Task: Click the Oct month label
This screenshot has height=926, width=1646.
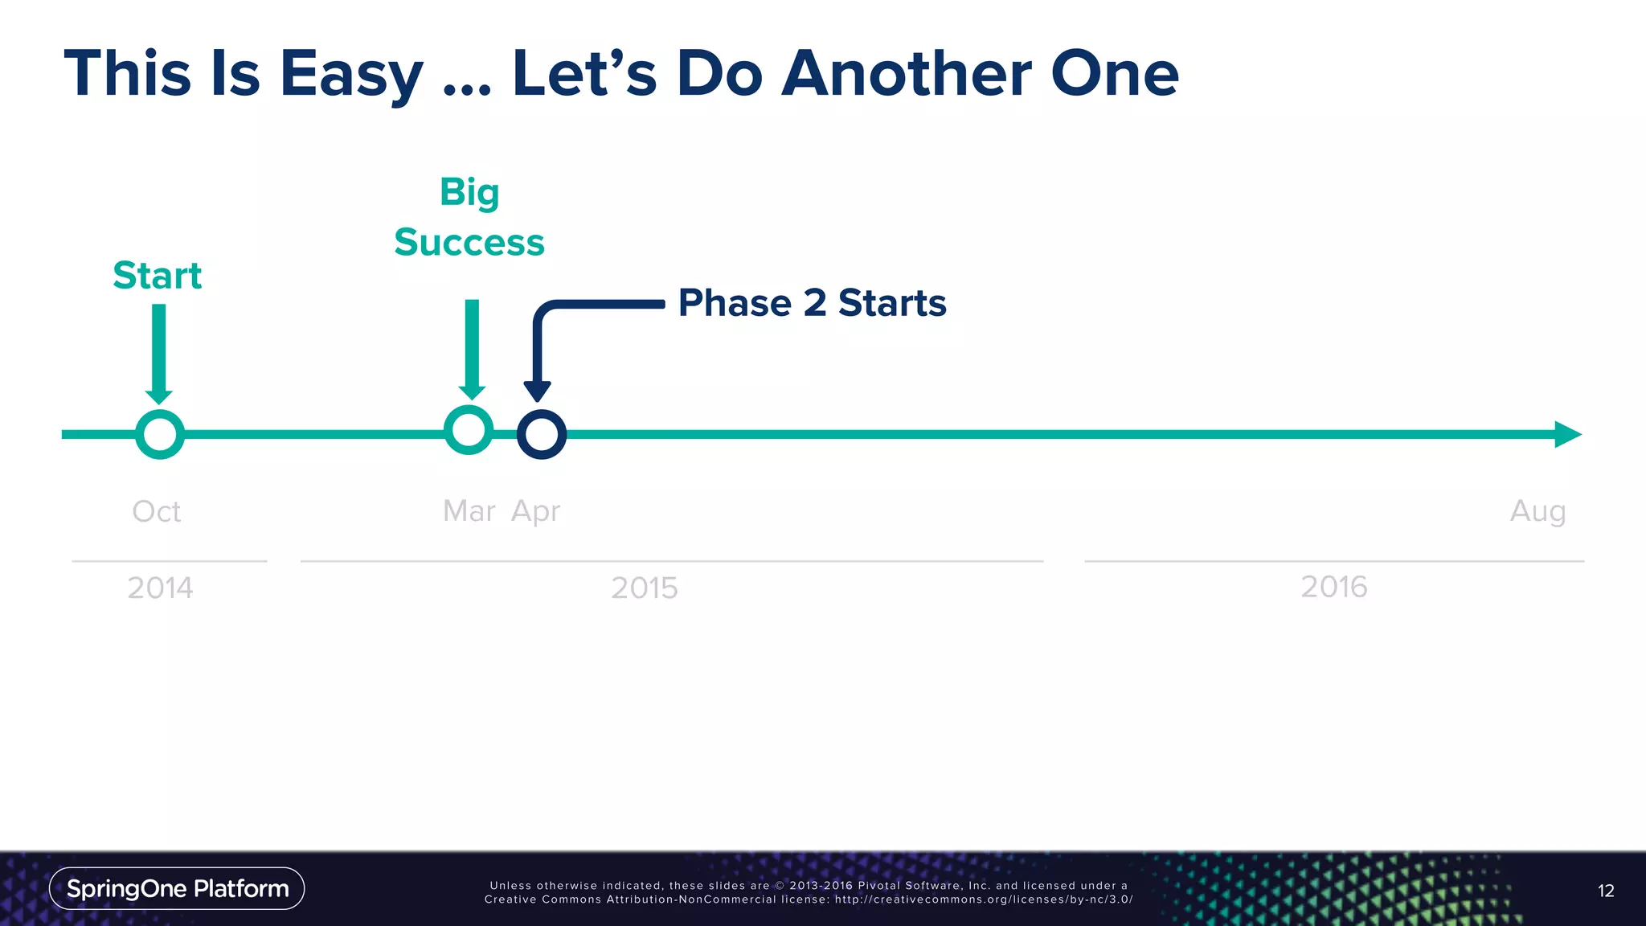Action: coord(157,511)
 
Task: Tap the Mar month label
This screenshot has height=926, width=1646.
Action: coord(469,511)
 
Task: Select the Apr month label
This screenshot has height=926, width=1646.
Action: coord(536,512)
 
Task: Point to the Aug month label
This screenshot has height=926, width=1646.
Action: coord(1537,512)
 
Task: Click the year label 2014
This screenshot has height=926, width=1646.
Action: coord(160,588)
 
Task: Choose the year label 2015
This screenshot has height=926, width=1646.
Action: coord(644,588)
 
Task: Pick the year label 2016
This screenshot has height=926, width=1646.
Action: coord(1333,587)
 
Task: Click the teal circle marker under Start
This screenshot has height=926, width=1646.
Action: coord(160,435)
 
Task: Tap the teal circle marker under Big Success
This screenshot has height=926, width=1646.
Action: coord(469,430)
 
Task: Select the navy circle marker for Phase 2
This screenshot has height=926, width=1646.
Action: coord(542,435)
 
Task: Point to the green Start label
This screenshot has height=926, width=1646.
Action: coord(157,276)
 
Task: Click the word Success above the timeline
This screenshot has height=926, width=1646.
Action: coord(469,243)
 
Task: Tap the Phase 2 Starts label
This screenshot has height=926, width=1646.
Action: coord(812,303)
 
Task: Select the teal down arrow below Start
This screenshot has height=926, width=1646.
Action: coord(159,354)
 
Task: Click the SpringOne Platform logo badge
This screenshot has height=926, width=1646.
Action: coord(177,888)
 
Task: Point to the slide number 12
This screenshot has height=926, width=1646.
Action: coord(1605,891)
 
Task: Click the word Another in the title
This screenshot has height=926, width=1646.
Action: coord(907,74)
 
